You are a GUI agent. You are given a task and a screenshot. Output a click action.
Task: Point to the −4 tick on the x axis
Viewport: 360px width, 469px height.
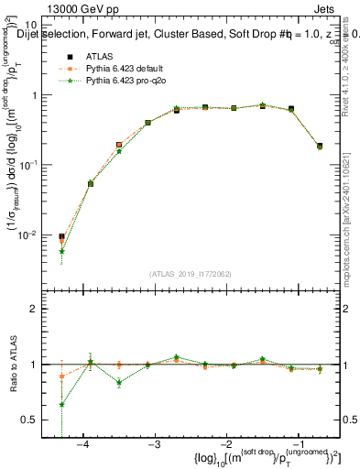(83, 443)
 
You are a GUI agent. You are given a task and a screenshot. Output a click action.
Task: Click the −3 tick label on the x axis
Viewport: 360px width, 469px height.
(154, 443)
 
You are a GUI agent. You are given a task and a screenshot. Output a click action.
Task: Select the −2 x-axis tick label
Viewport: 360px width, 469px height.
(225, 443)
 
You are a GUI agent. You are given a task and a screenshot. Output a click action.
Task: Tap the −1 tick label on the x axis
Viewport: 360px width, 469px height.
(296, 443)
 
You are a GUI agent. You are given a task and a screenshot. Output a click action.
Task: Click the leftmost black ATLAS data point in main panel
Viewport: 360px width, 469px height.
(61, 236)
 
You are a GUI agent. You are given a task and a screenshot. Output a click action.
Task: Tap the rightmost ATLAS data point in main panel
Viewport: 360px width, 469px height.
(319, 146)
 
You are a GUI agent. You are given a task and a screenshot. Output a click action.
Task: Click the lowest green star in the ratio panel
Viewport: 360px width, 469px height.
(61, 404)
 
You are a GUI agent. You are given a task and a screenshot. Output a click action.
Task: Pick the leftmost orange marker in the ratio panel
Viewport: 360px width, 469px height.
(61, 376)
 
